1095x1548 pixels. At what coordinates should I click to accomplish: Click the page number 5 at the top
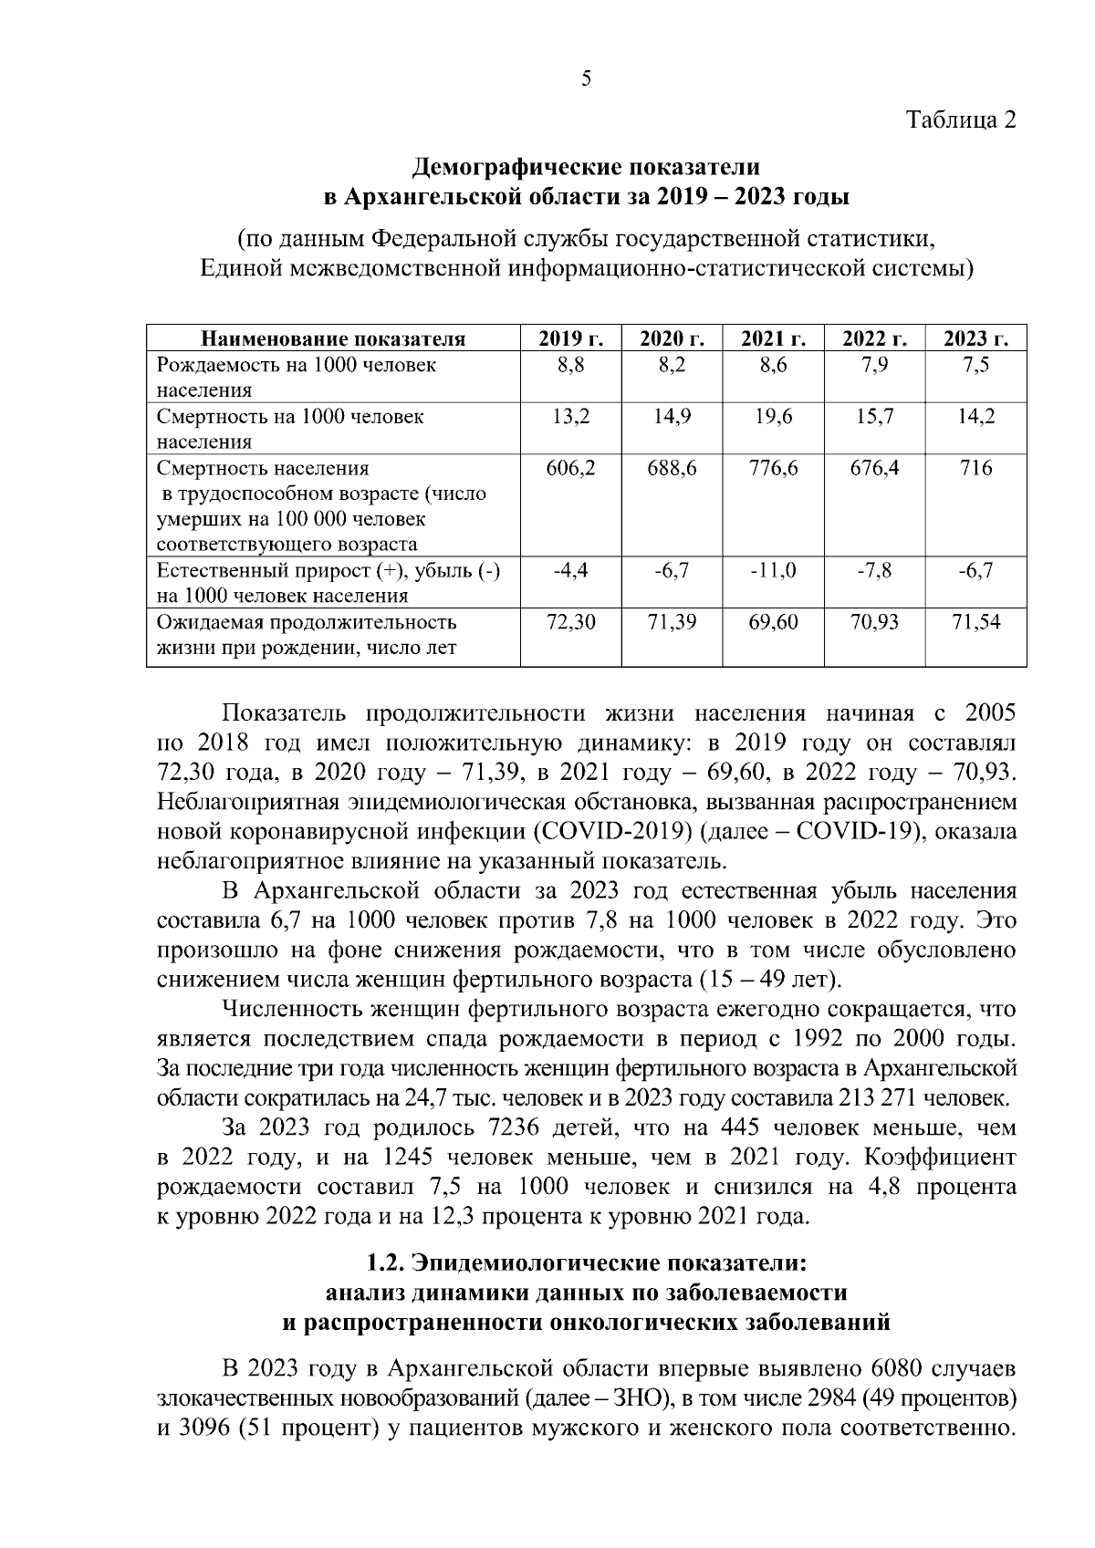pyautogui.click(x=586, y=78)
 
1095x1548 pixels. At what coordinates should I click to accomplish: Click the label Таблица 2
pyautogui.click(x=960, y=119)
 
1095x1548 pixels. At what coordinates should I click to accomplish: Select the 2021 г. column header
pyautogui.click(x=773, y=339)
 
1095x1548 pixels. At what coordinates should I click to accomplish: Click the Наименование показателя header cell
pyautogui.click(x=333, y=339)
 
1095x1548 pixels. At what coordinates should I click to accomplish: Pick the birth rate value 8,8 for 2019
pyautogui.click(x=570, y=366)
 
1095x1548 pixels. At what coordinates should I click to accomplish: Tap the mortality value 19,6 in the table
pyautogui.click(x=773, y=418)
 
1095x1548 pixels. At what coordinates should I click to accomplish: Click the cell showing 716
pyautogui.click(x=975, y=469)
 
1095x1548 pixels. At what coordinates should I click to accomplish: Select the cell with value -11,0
pyautogui.click(x=773, y=571)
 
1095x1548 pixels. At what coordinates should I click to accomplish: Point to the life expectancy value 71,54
pyautogui.click(x=975, y=623)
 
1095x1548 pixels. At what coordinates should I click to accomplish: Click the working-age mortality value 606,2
pyautogui.click(x=570, y=469)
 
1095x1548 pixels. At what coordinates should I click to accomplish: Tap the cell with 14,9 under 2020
pyautogui.click(x=672, y=418)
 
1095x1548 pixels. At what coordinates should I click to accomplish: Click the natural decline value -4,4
pyautogui.click(x=570, y=571)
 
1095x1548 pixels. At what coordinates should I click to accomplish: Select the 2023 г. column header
pyautogui.click(x=975, y=339)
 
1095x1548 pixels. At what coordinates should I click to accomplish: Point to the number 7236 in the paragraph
pyautogui.click(x=517, y=1128)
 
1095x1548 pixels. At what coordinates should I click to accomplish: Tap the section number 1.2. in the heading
pyautogui.click(x=385, y=1264)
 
